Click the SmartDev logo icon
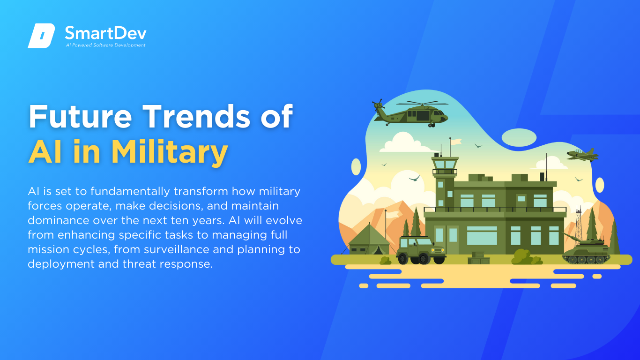(x=41, y=36)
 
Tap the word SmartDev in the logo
(x=105, y=33)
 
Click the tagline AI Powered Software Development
(x=105, y=45)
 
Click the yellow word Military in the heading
(x=170, y=152)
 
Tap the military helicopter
(x=410, y=113)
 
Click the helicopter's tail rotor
(x=378, y=105)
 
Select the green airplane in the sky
(x=582, y=155)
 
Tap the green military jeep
(x=421, y=250)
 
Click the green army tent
(x=369, y=240)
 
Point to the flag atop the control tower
(x=456, y=142)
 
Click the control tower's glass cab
(x=445, y=164)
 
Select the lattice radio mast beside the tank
(x=579, y=225)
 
